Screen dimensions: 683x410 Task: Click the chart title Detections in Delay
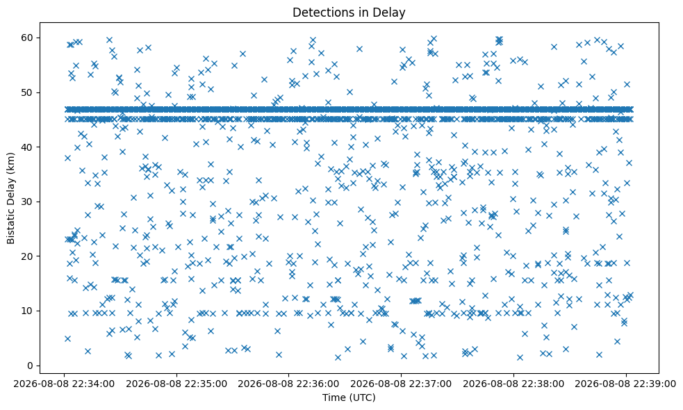pyautogui.click(x=349, y=13)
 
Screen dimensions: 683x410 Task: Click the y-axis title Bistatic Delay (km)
pyautogui.click(x=11, y=198)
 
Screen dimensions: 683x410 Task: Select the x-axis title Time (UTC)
pyautogui.click(x=349, y=397)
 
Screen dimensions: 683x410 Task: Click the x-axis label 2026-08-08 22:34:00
pyautogui.click(x=65, y=384)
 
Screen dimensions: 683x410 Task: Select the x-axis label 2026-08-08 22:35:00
pyautogui.click(x=177, y=384)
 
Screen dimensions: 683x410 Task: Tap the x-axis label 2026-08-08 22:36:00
pyautogui.click(x=289, y=384)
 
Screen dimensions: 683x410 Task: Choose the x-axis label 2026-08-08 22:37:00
pyautogui.click(x=401, y=384)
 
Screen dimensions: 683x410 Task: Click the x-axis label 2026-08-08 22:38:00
pyautogui.click(x=513, y=384)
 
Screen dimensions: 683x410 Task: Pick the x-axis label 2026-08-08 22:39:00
pyautogui.click(x=626, y=384)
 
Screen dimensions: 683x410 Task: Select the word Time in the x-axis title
pyautogui.click(x=333, y=397)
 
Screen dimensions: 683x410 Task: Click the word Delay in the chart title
pyautogui.click(x=389, y=13)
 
